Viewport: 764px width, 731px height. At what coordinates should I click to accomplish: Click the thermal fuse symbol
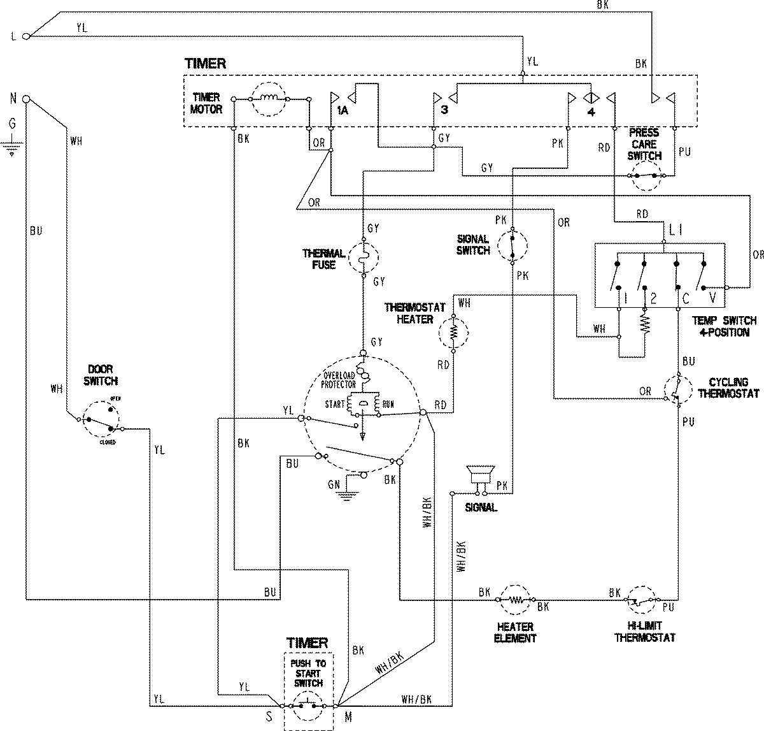tap(362, 257)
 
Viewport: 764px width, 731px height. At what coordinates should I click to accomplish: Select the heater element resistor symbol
tap(516, 600)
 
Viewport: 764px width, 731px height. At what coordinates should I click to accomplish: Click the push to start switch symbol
tap(308, 706)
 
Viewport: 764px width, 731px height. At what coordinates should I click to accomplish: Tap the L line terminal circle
tap(26, 36)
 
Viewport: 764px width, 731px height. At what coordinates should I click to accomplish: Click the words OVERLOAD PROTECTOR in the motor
tap(340, 380)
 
